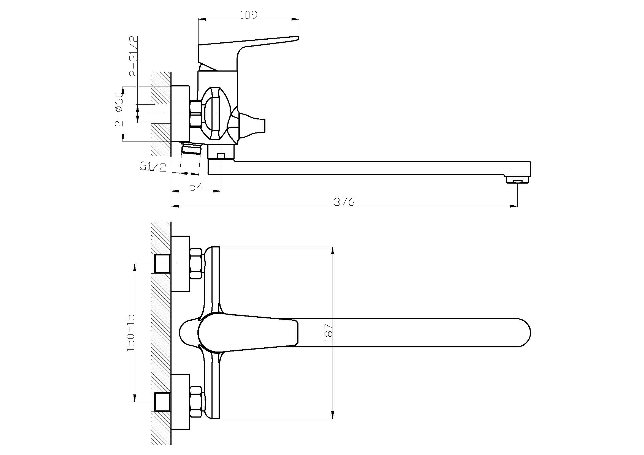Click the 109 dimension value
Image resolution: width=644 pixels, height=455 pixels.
[x=249, y=15]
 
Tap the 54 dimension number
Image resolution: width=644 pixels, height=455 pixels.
[x=195, y=187]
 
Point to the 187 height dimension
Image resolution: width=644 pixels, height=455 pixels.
[x=328, y=333]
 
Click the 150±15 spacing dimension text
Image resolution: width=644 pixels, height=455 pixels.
[x=131, y=333]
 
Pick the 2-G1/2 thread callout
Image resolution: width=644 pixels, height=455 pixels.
[x=134, y=56]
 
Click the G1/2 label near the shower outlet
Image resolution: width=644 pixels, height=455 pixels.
[x=153, y=167]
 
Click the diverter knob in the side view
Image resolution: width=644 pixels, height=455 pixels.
[x=248, y=124]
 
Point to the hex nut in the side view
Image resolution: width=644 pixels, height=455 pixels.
[x=196, y=114]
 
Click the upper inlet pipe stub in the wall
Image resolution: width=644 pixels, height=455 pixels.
[x=162, y=263]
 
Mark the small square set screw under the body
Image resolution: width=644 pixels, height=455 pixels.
[x=221, y=155]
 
